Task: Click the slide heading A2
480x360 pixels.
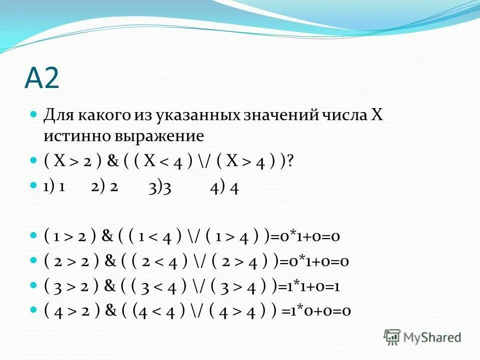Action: click(42, 78)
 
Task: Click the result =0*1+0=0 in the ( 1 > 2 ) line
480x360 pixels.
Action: click(305, 236)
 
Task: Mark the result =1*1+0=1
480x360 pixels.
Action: click(306, 286)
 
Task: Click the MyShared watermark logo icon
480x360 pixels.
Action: click(392, 336)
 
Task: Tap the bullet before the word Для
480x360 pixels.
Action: click(34, 114)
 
